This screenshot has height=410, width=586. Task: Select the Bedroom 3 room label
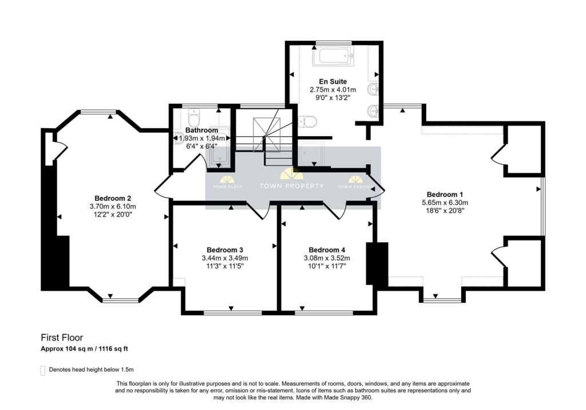(x=225, y=250)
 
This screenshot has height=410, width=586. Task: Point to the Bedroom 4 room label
(x=327, y=250)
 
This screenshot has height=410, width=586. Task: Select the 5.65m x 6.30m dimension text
(x=444, y=203)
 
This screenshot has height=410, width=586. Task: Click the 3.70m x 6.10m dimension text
(x=113, y=206)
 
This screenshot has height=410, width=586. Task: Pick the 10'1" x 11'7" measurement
(x=327, y=266)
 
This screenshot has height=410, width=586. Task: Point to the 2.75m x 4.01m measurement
(x=332, y=90)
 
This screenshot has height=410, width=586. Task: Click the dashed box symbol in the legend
(x=43, y=370)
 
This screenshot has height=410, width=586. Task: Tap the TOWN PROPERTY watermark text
(x=291, y=186)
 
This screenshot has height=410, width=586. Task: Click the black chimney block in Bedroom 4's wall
(x=377, y=263)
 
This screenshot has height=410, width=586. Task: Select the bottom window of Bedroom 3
(x=232, y=313)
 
